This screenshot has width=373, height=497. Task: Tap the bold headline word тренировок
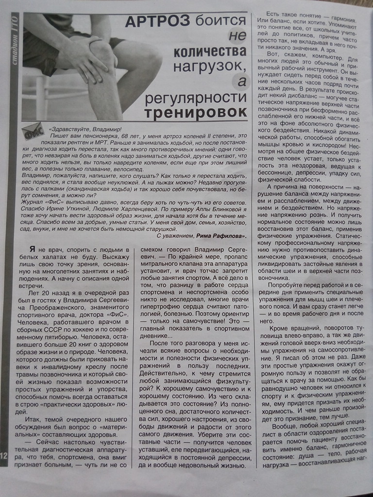[195, 111]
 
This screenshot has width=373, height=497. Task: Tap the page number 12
[4, 455]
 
